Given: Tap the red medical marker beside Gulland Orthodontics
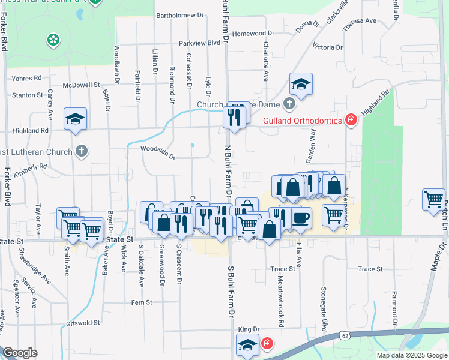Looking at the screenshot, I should pos(351,121).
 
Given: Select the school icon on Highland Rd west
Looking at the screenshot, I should pos(76,119).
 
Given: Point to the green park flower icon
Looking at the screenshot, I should pos(53,40).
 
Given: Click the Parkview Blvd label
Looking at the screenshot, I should pos(200,43).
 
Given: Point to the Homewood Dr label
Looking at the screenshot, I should pos(253,34).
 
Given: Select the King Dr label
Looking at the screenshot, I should pos(248,329).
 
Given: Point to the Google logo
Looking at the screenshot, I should pos(20,352).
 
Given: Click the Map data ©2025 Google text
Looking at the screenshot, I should pos(411,355).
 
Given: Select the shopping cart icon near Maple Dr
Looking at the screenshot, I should pos(433,199).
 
